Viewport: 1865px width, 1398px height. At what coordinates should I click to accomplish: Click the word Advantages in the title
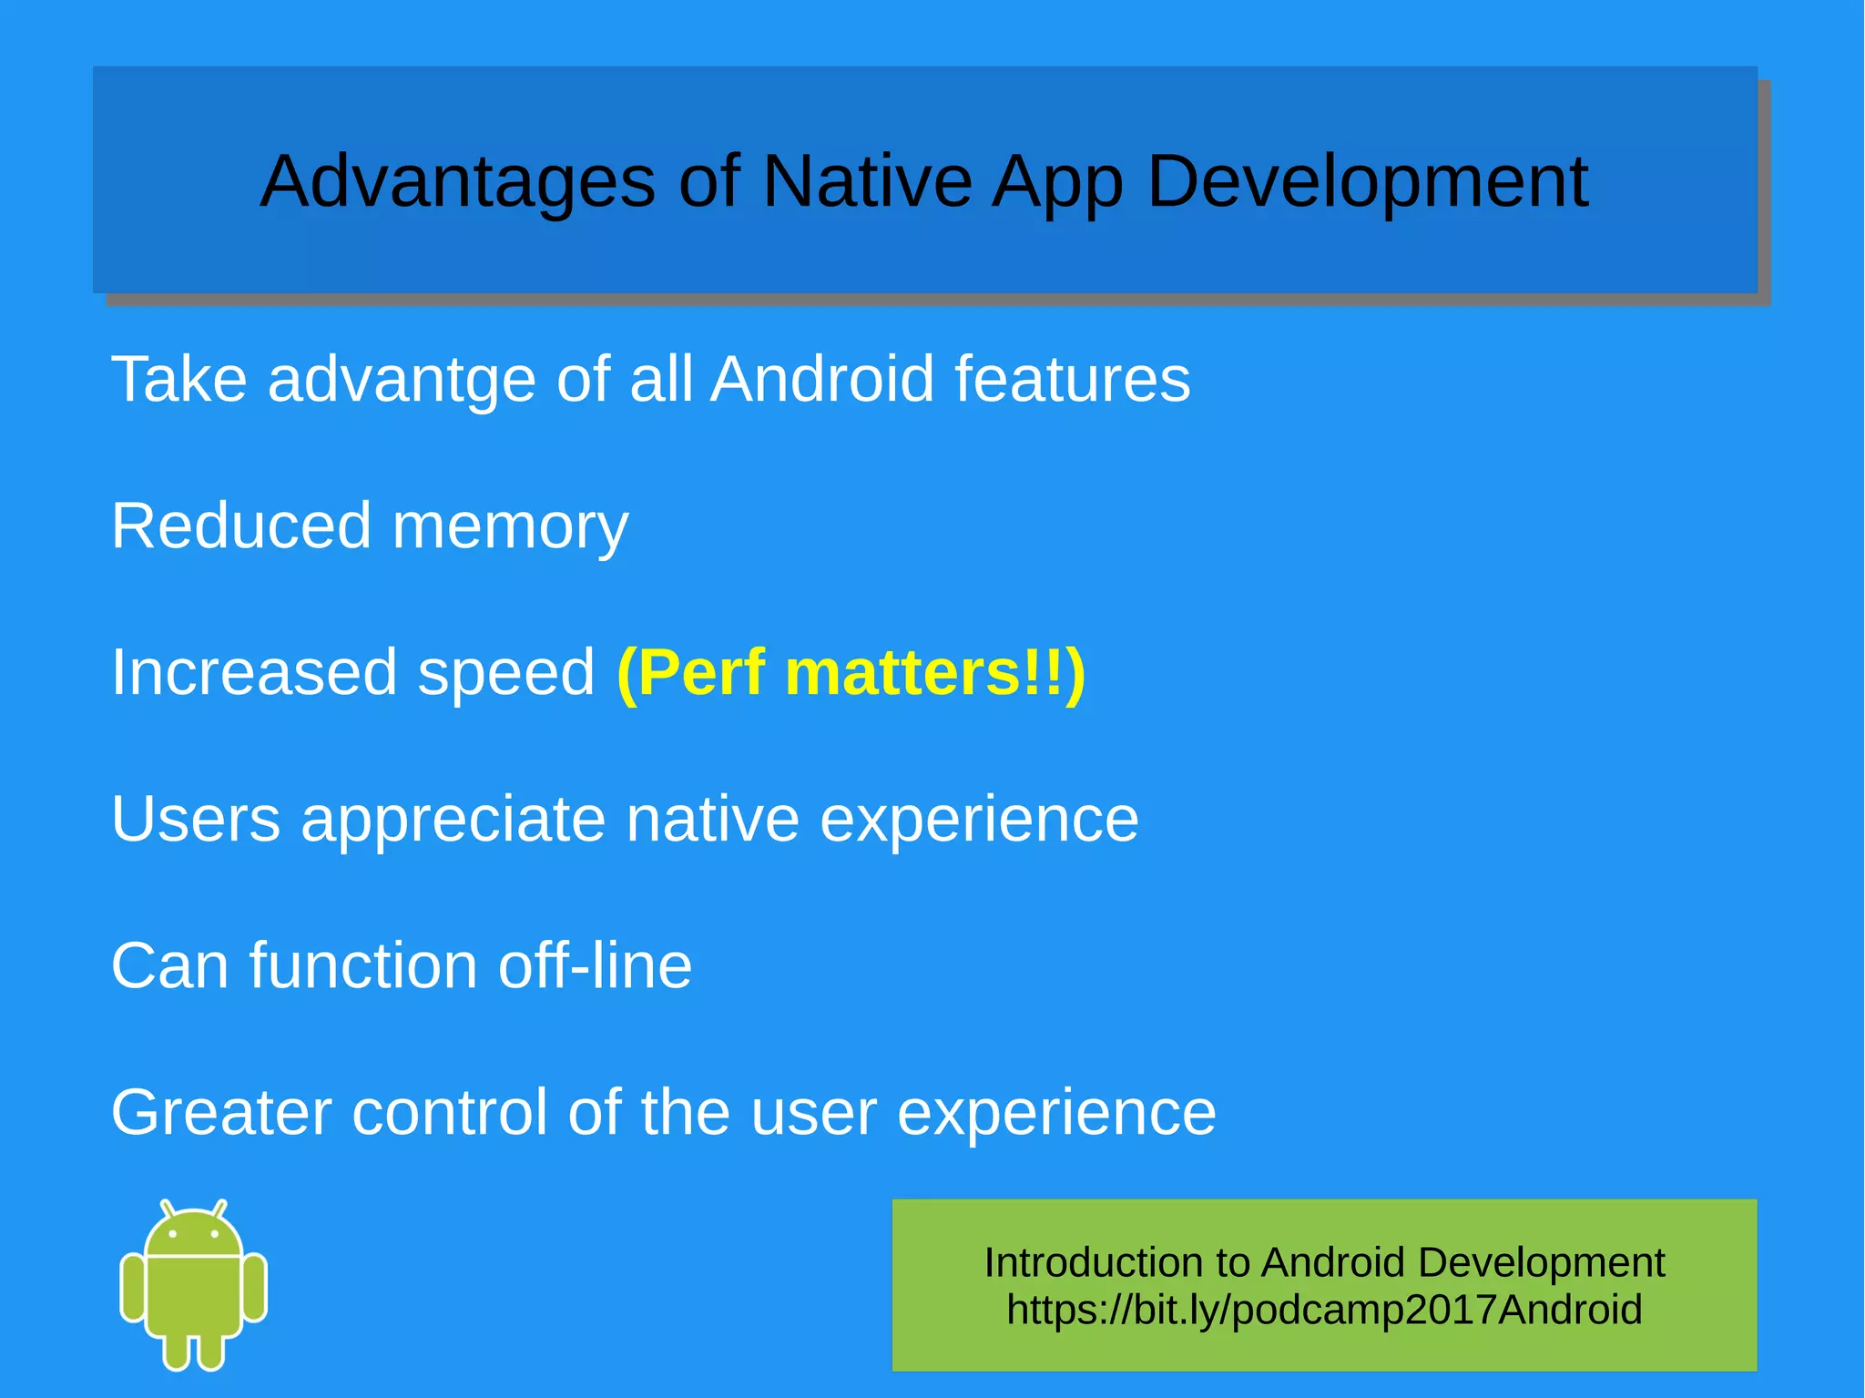[457, 182]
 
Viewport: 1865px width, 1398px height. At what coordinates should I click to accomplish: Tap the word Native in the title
[867, 182]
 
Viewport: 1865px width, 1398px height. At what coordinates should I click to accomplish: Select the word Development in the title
[1367, 182]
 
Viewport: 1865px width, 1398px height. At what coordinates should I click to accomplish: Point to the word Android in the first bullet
[821, 379]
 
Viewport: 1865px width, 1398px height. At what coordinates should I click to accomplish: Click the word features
[1072, 379]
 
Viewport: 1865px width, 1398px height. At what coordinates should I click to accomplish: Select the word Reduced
[241, 526]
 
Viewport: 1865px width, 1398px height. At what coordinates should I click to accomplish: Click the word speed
[505, 674]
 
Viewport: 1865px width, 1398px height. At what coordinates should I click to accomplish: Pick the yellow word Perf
[692, 673]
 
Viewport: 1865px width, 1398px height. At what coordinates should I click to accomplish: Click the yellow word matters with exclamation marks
[933, 673]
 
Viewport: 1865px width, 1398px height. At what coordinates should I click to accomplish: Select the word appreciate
[453, 820]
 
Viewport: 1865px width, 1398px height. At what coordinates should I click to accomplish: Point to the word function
[362, 965]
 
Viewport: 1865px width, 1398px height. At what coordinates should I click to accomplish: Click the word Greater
[221, 1112]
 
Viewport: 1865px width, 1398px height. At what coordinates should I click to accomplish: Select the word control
[450, 1112]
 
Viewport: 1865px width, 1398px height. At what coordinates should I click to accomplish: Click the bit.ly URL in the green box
[1324, 1310]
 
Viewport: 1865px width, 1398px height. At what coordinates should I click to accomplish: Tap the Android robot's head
[194, 1231]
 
